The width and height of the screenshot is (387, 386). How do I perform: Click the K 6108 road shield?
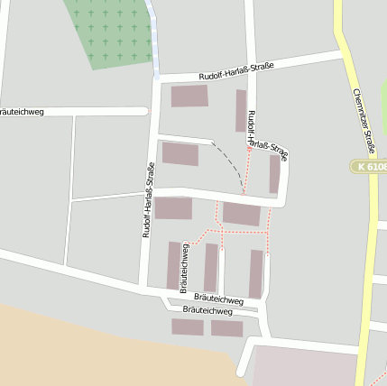[x=371, y=167]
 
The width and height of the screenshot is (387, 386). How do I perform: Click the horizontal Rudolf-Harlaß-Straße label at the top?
[x=249, y=68]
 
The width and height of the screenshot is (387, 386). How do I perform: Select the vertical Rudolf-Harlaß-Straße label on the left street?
[x=149, y=199]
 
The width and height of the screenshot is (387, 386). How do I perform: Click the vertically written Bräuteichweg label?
[x=184, y=268]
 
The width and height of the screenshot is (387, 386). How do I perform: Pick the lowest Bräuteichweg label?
[x=207, y=310]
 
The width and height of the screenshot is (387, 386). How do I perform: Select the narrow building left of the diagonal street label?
[x=241, y=110]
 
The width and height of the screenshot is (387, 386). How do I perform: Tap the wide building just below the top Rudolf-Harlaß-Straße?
[x=189, y=96]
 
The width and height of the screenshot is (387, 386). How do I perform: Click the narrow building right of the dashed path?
[x=274, y=173]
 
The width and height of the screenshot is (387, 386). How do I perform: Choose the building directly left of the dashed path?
[x=180, y=153]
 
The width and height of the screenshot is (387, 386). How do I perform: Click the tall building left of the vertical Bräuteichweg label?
[x=173, y=265]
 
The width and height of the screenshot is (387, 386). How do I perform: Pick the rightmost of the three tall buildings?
[x=256, y=273]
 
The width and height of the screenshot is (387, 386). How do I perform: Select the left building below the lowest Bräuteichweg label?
[x=188, y=326]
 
